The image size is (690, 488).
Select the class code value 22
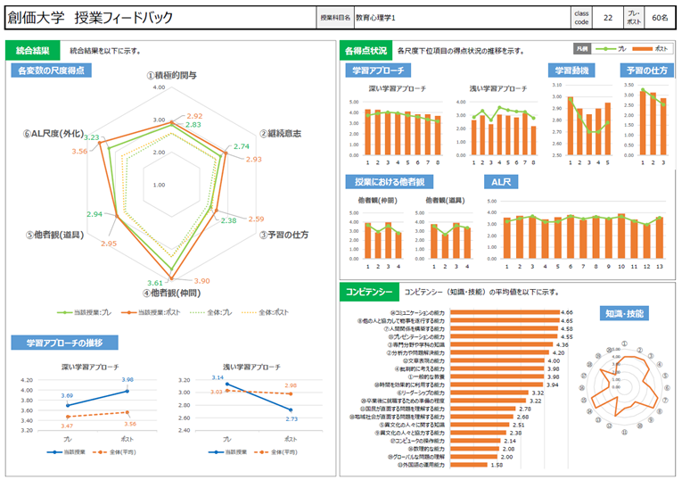[x=607, y=17]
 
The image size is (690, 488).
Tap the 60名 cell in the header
[x=661, y=17]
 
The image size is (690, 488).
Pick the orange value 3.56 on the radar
[x=80, y=152]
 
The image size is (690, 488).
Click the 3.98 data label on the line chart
[x=127, y=381]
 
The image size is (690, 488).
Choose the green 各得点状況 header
[x=366, y=51]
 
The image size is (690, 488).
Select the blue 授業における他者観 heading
[x=390, y=181]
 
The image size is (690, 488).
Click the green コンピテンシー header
[x=367, y=292]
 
